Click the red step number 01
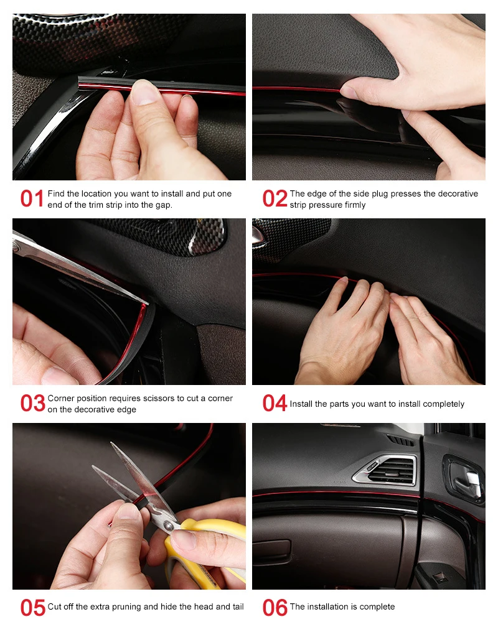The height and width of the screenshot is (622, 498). [x=32, y=198]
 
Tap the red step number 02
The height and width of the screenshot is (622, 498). [x=275, y=198]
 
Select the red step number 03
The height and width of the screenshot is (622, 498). [x=33, y=403]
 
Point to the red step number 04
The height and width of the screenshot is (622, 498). [x=275, y=403]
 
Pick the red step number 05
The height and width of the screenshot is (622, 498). [x=33, y=608]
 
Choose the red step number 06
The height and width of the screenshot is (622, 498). [x=275, y=608]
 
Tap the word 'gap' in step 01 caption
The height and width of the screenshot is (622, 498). [x=164, y=205]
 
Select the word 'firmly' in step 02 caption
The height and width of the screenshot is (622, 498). [x=355, y=205]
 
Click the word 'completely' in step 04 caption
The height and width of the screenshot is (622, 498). [x=444, y=404]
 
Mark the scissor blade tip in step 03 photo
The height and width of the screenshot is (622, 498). [x=148, y=304]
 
